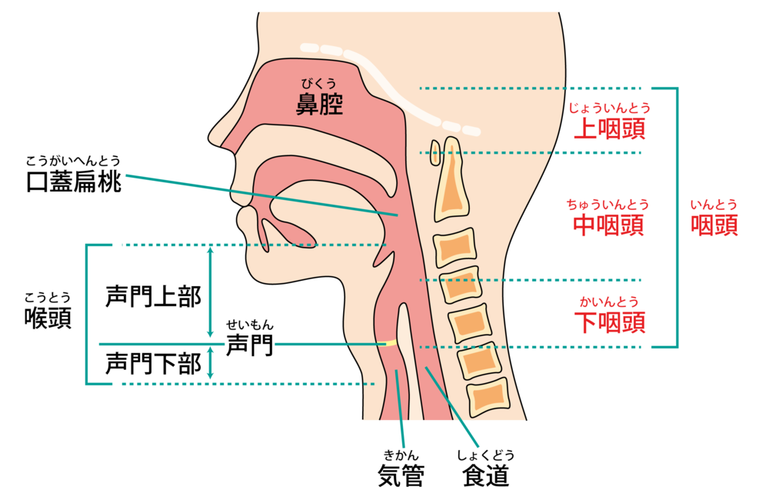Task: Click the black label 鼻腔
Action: click(319, 104)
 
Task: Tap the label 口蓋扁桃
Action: click(74, 182)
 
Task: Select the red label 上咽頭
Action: click(609, 128)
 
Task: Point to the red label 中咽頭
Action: click(608, 225)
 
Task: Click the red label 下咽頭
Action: click(609, 322)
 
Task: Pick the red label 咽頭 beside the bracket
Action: click(714, 225)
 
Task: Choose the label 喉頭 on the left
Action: click(48, 318)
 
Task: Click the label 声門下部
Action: click(153, 362)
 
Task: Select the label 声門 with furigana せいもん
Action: click(249, 345)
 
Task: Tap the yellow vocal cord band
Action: click(388, 343)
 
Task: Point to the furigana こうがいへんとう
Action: click(74, 161)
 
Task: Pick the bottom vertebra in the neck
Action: click(489, 395)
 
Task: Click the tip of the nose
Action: click(210, 139)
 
